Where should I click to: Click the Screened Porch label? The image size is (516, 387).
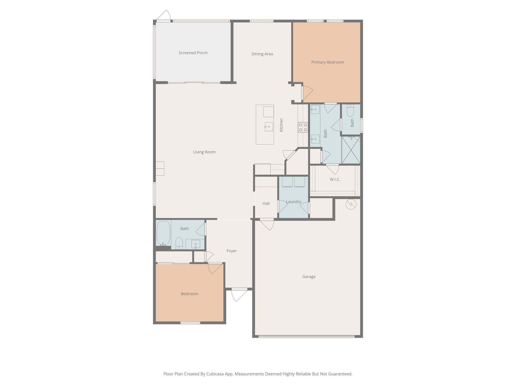tap(193, 53)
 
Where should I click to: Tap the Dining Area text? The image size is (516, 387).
tap(262, 54)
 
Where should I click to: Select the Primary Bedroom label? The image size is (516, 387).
tap(328, 62)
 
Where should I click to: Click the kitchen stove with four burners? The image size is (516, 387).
tap(303, 127)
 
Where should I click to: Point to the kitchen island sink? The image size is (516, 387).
tap(269, 127)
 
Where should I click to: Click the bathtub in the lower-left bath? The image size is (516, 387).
tap(163, 233)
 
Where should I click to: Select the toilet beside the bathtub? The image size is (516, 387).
tap(179, 243)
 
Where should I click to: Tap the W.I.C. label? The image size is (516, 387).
tap(335, 179)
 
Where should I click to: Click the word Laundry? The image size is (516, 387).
tap(294, 202)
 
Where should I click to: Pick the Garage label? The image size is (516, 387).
tap(309, 277)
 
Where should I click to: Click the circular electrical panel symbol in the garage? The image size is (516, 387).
tap(351, 204)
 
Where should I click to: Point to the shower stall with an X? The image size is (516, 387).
tap(351, 150)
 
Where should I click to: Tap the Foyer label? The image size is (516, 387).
tap(232, 251)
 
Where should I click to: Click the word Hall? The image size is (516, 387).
tap(266, 203)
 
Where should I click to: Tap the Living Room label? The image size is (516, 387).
tap(204, 152)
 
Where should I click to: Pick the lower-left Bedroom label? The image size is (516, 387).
tap(189, 294)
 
